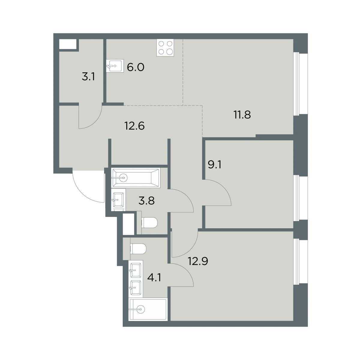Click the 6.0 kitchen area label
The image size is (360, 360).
(x=135, y=67)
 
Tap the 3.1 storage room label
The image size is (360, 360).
(x=88, y=76)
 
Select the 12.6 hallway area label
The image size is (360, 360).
(x=134, y=126)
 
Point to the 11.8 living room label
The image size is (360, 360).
(x=242, y=115)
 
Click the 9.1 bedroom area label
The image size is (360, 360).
(x=214, y=165)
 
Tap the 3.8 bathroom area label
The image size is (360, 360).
(x=146, y=201)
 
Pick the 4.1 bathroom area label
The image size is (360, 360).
(x=154, y=277)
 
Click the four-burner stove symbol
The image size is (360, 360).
(x=165, y=48)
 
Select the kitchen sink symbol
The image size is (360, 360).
(x=115, y=66)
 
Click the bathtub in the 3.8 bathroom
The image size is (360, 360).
(x=136, y=178)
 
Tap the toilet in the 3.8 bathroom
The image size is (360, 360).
(x=149, y=223)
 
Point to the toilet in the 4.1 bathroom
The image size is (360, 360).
(x=138, y=249)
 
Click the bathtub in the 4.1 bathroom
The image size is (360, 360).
(x=148, y=309)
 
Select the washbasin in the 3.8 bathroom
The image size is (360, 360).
(x=118, y=199)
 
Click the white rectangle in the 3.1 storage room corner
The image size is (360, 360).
(x=68, y=44)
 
